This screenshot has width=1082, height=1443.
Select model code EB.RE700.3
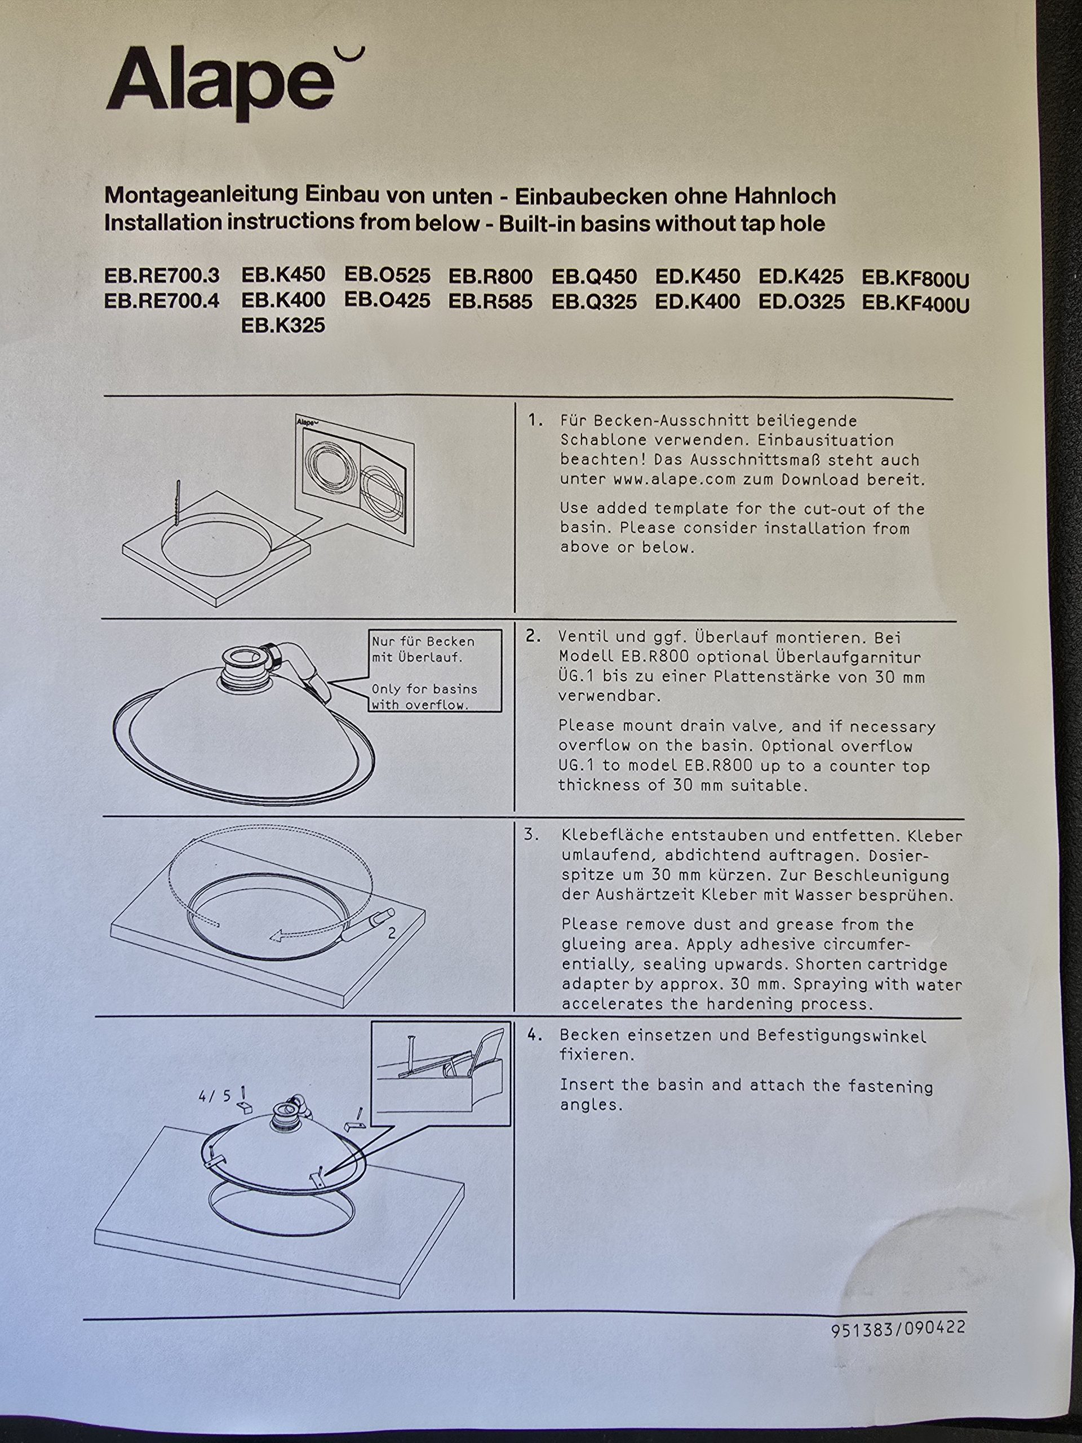[x=162, y=276]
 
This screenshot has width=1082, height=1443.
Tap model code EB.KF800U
[x=916, y=279]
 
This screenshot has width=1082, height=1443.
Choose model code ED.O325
[x=801, y=302]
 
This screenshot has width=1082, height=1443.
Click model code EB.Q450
[x=594, y=277]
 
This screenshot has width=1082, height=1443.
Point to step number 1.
[x=535, y=419]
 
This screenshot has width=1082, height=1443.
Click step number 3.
[x=531, y=834]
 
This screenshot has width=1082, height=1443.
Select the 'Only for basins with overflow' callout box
[x=435, y=670]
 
